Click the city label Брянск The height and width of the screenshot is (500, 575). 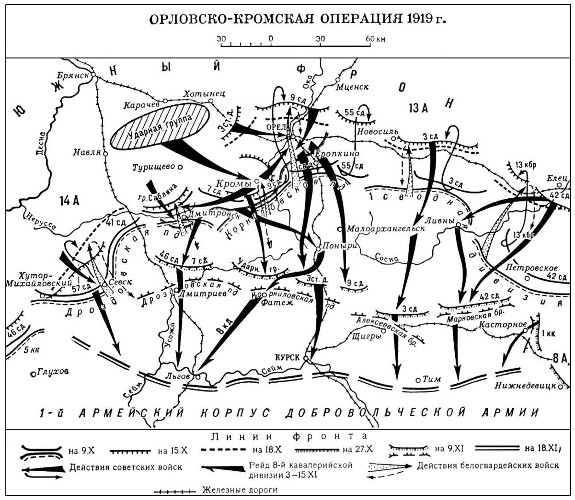(73, 76)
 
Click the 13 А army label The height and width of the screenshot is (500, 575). (418, 107)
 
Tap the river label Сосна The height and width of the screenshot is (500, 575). (388, 258)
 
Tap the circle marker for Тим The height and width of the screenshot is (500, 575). (419, 380)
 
